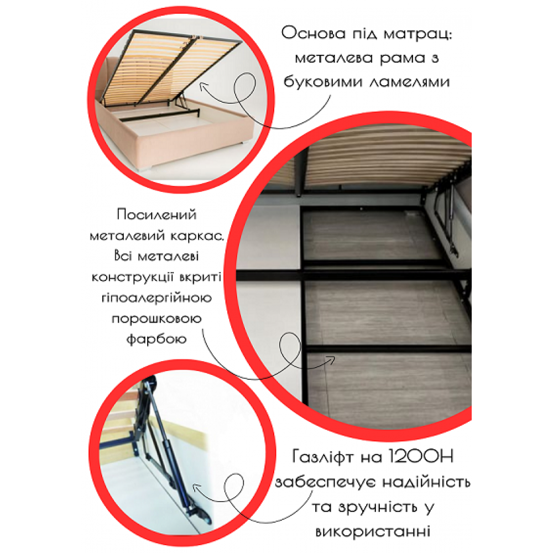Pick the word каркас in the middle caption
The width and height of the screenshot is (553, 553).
[x=196, y=236]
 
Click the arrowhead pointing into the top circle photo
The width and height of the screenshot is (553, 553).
[x=201, y=85]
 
